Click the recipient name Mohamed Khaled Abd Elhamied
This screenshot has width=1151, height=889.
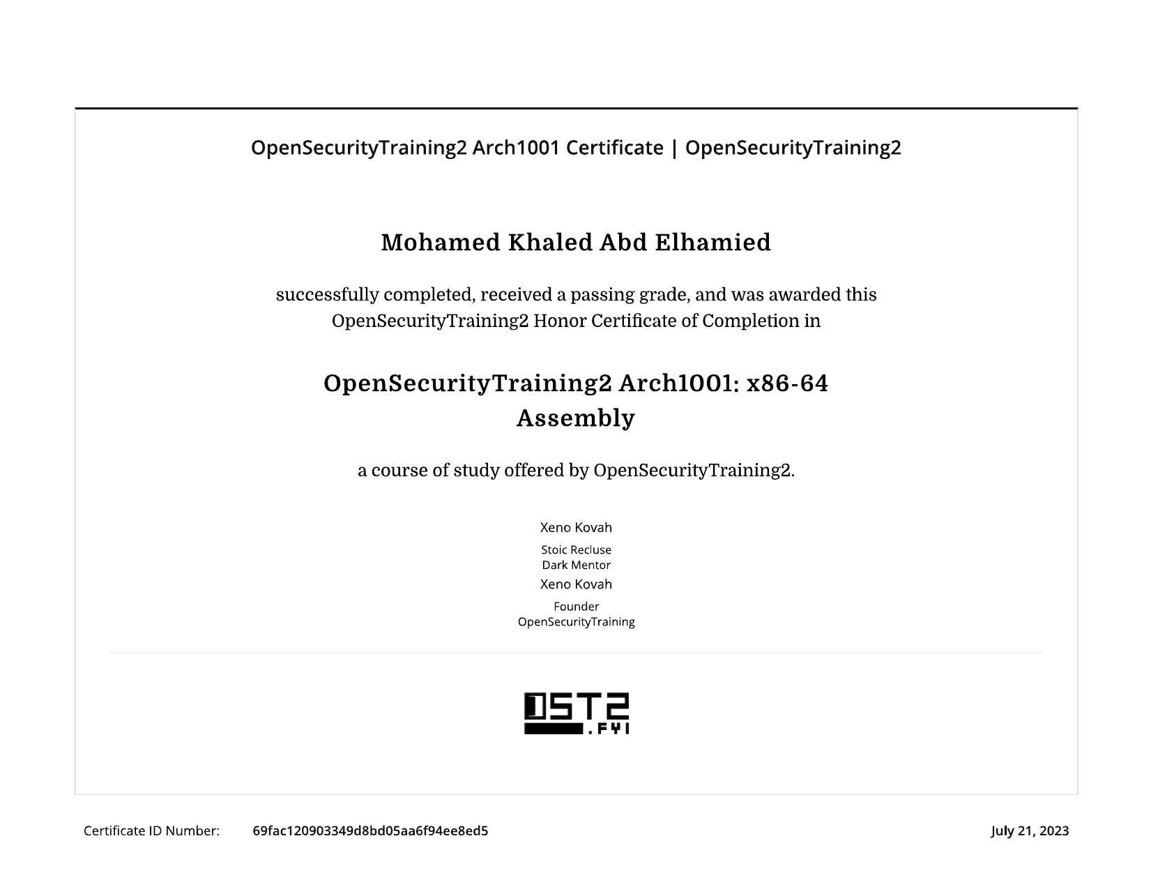pyautogui.click(x=576, y=243)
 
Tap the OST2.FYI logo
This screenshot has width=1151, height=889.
pyautogui.click(x=577, y=713)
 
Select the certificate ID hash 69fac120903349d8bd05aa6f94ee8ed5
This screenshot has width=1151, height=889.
pyautogui.click(x=370, y=830)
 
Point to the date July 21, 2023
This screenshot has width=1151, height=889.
pyautogui.click(x=1030, y=830)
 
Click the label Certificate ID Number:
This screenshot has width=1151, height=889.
pyautogui.click(x=151, y=830)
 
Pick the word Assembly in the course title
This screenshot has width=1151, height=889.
pyautogui.click(x=576, y=418)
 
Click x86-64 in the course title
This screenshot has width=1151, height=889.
pyautogui.click(x=787, y=383)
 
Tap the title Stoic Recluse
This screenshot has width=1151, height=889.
pyautogui.click(x=576, y=550)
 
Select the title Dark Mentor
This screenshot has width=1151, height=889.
pyautogui.click(x=576, y=565)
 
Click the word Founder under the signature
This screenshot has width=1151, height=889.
pyautogui.click(x=576, y=607)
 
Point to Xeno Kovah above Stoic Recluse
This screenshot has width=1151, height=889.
pyautogui.click(x=576, y=528)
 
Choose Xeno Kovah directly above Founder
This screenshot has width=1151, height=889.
pyautogui.click(x=576, y=584)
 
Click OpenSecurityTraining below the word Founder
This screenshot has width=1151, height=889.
pyautogui.click(x=576, y=622)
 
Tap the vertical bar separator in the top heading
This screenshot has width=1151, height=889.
pyautogui.click(x=674, y=148)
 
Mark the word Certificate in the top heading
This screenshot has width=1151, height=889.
pyautogui.click(x=614, y=148)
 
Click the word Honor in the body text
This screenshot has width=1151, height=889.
pyautogui.click(x=559, y=321)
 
